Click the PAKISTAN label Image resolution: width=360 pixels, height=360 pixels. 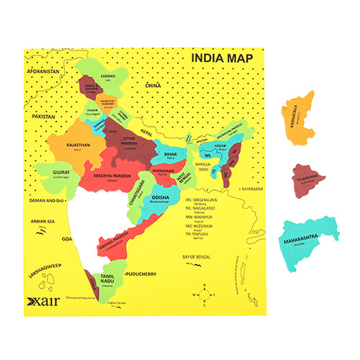pos(43,115)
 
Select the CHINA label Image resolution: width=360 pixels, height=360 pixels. pos(152,86)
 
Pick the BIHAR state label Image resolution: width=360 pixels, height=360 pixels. pos(171,154)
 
